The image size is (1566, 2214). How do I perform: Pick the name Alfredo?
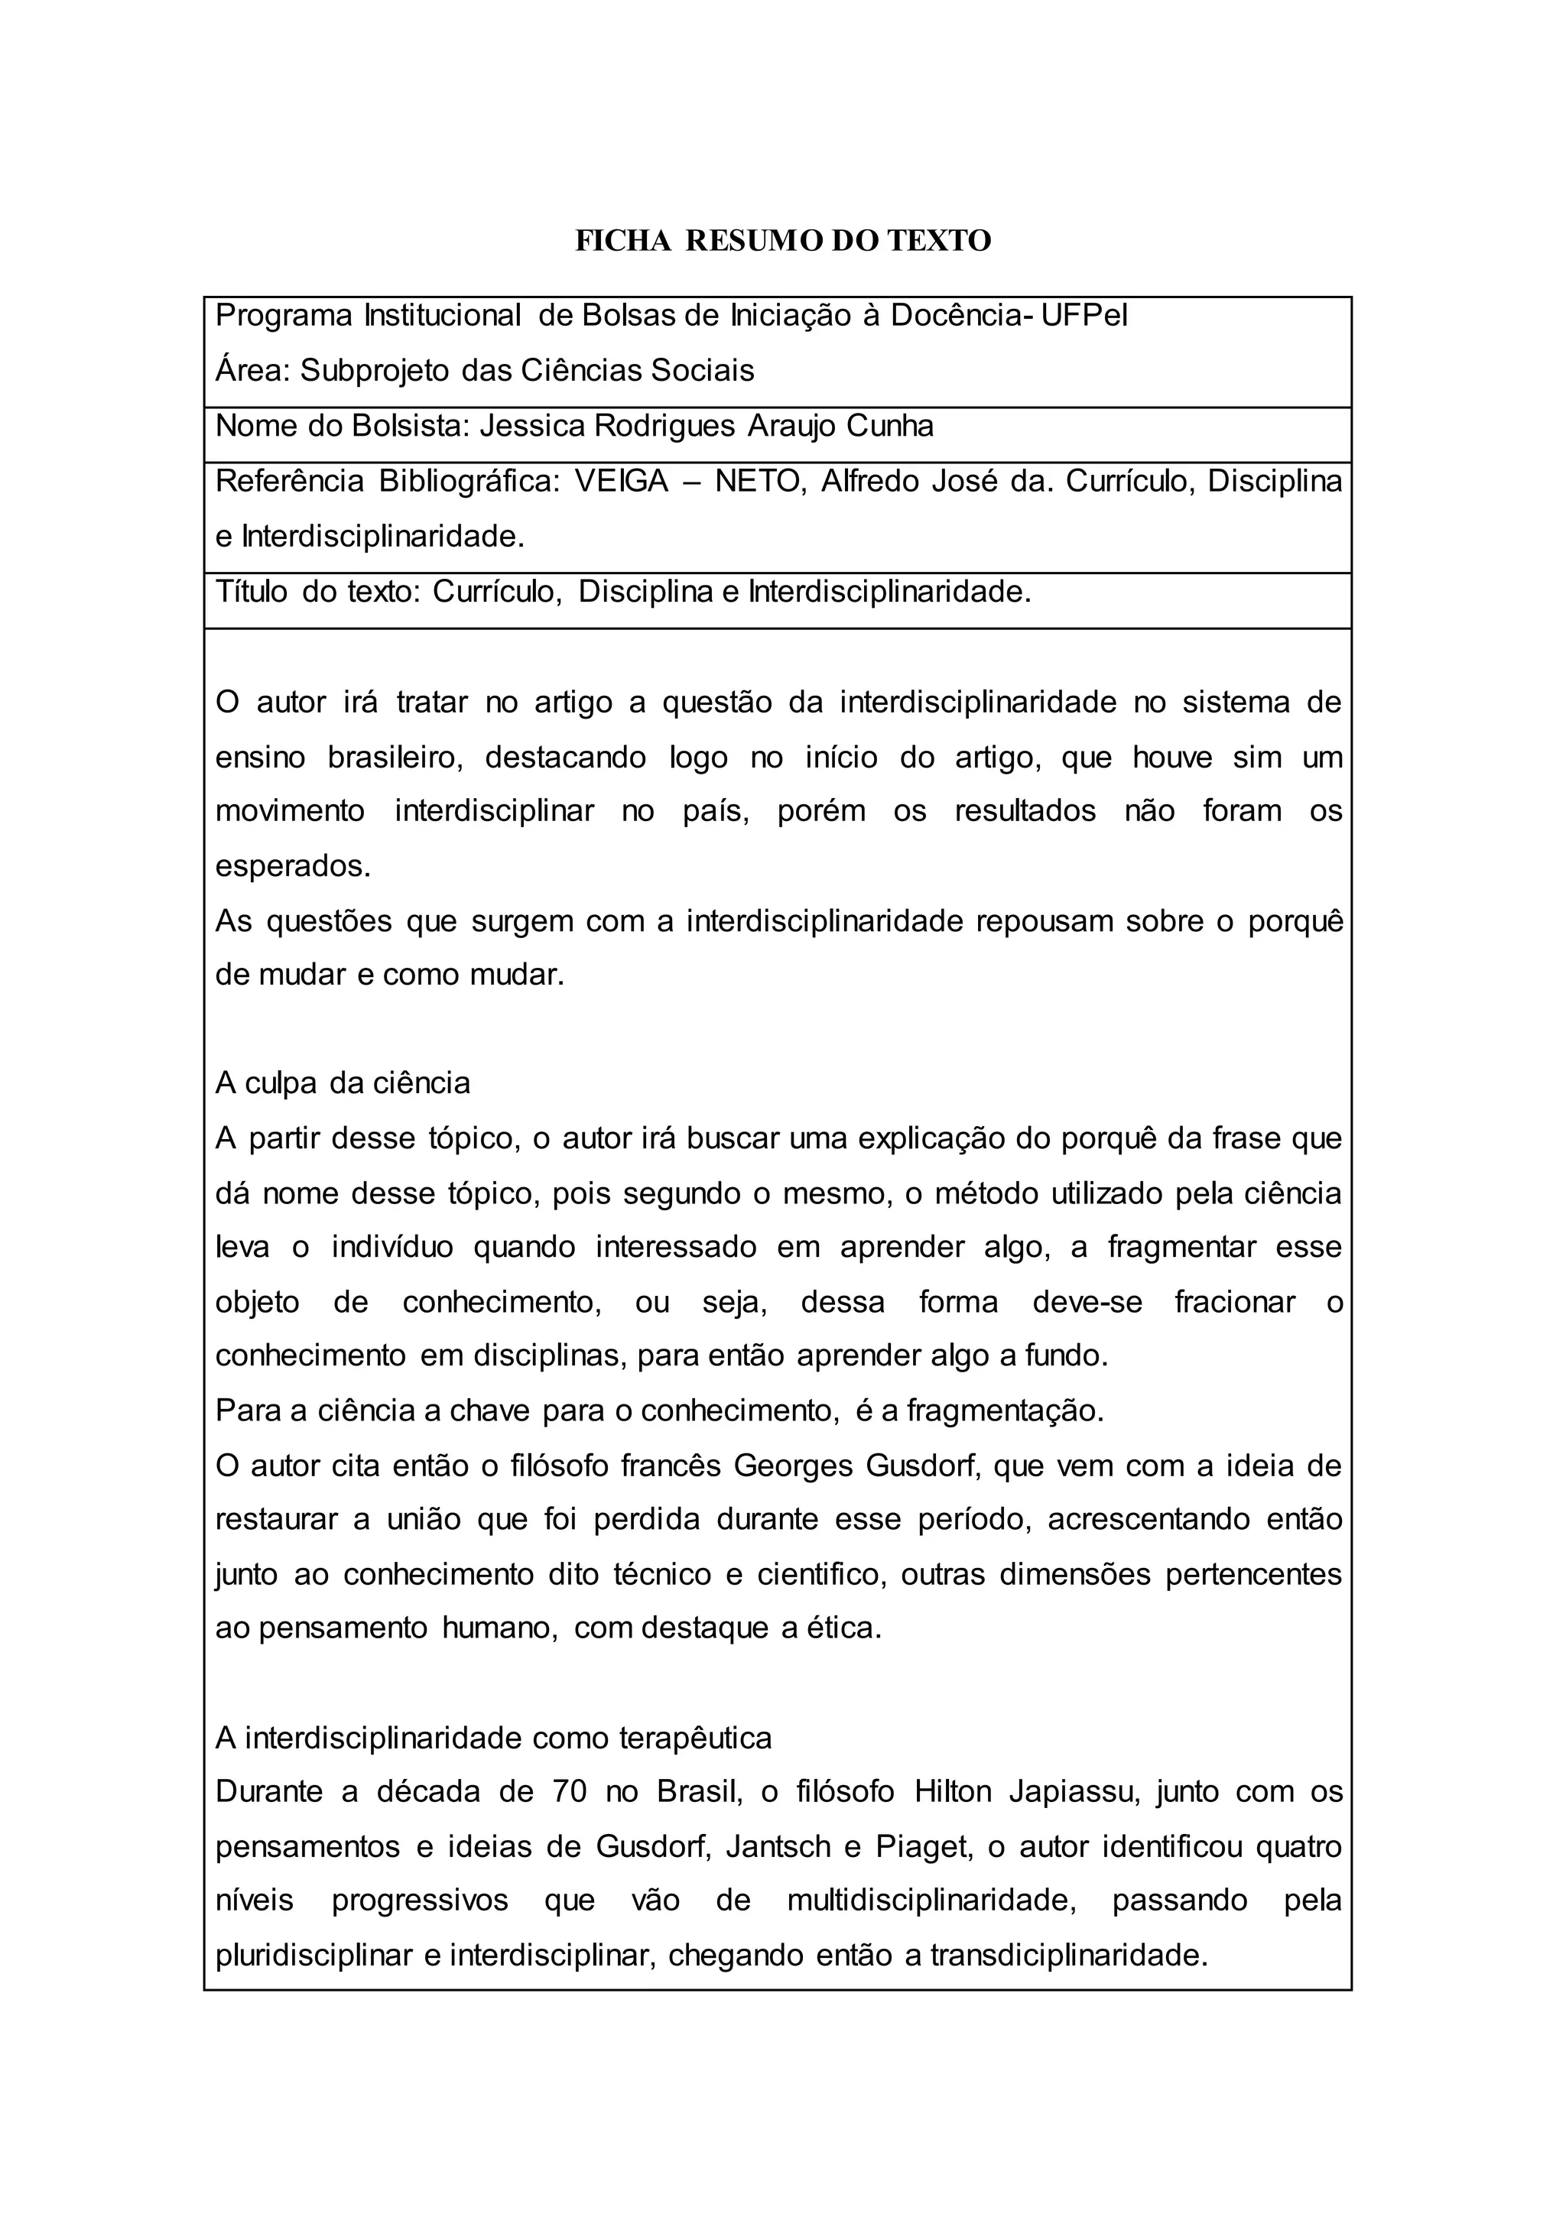[x=869, y=481]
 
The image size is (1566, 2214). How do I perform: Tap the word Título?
[x=251, y=591]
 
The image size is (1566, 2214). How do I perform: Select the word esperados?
[x=292, y=866]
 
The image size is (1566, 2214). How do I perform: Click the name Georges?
[x=793, y=1466]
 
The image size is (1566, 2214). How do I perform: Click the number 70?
[x=571, y=1792]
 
